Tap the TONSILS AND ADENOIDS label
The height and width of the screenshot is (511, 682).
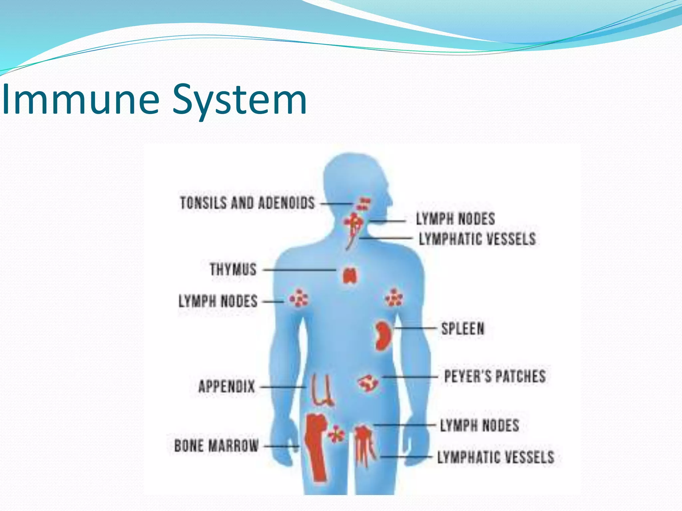[247, 203]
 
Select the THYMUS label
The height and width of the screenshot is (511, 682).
[233, 269]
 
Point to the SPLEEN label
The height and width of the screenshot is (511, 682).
[463, 329]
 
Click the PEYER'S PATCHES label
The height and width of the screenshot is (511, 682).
[495, 377]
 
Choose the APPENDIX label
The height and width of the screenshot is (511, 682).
[226, 387]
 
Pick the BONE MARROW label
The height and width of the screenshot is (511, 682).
[216, 446]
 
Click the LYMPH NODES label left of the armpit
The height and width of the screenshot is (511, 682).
[218, 301]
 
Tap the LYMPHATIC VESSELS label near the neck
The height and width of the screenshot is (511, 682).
[477, 239]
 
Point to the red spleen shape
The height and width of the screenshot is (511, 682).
[383, 336]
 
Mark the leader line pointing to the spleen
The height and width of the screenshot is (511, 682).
[415, 328]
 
